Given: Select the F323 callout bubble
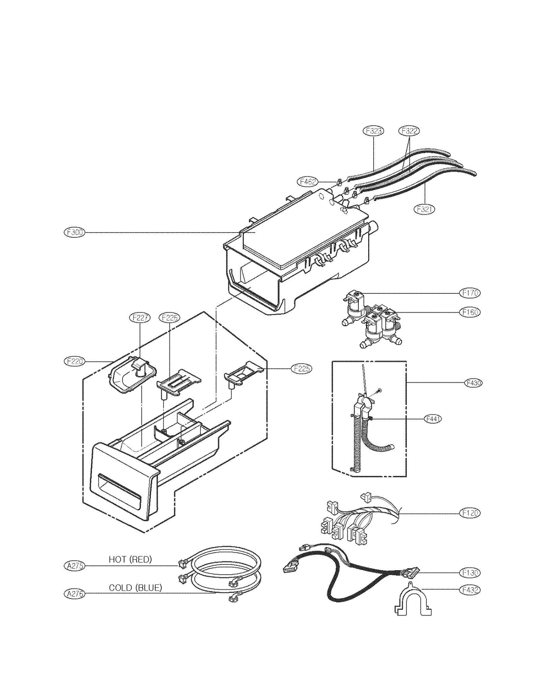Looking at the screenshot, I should pyautogui.click(x=373, y=131).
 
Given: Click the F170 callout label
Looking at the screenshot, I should pyautogui.click(x=470, y=293).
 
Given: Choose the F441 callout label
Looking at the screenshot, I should pyautogui.click(x=433, y=419).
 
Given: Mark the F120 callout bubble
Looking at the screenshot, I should pyautogui.click(x=470, y=513).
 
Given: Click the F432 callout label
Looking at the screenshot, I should pyautogui.click(x=470, y=590).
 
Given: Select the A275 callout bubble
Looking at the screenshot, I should pyautogui.click(x=74, y=566).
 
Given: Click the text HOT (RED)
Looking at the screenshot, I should pyautogui.click(x=130, y=559).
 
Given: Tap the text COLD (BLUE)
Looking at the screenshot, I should pyautogui.click(x=135, y=588).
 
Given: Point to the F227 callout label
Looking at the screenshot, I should pyautogui.click(x=140, y=318).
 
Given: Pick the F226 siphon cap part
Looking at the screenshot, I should pyautogui.click(x=178, y=382).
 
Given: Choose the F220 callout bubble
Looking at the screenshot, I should pyautogui.click(x=74, y=361).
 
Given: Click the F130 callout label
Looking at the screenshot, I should pyautogui.click(x=470, y=573).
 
